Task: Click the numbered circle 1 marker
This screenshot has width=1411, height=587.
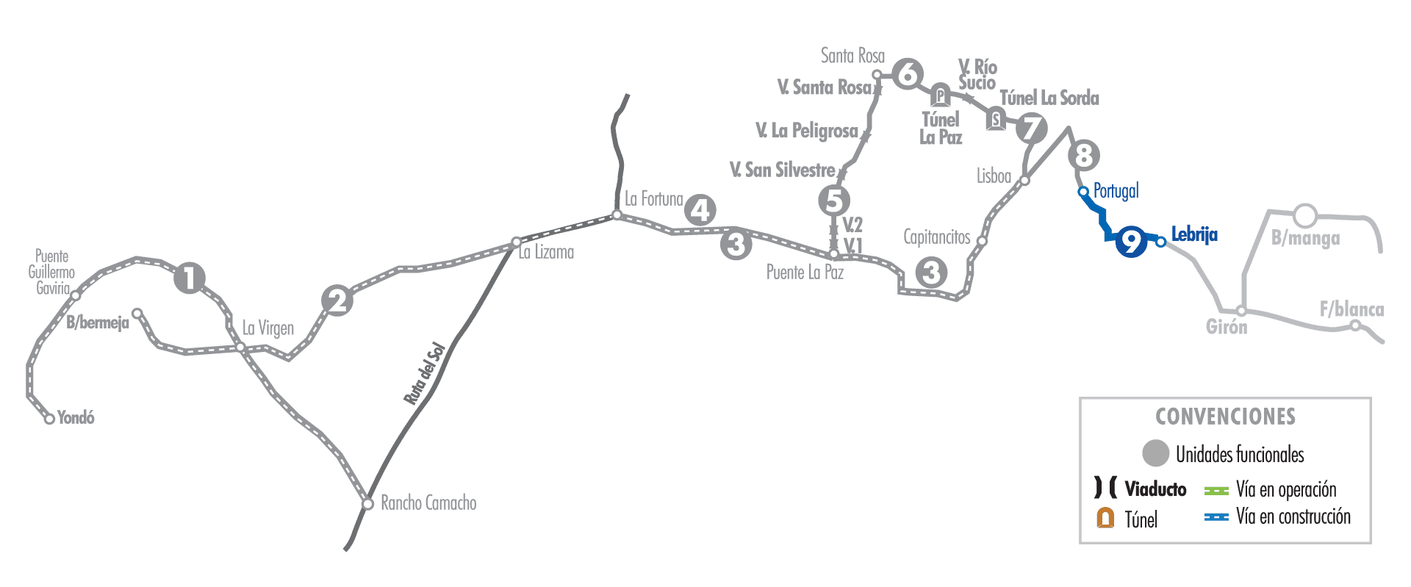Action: point(190,278)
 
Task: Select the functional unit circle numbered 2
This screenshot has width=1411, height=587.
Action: point(337,300)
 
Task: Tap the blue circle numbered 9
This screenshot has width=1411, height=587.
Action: point(1131,241)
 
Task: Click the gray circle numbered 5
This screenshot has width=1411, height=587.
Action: point(834,200)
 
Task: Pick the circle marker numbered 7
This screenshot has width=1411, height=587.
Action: point(1033,128)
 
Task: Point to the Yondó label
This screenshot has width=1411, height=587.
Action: point(76,417)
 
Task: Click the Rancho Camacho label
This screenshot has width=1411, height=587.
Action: point(428,503)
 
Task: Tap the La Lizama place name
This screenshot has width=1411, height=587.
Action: point(546,252)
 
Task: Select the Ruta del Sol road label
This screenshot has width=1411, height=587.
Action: point(425,373)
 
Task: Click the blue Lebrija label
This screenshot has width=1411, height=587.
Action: point(1194,234)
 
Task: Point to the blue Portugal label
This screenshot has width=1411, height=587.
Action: point(1116,191)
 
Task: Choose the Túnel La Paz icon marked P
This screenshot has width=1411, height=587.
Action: point(940,96)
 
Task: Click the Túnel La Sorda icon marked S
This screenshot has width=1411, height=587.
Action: point(996,118)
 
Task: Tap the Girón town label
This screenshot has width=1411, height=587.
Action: point(1227,327)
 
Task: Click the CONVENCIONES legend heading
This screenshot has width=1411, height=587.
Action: point(1226,417)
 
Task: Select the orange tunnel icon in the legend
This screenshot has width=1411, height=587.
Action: point(1105,518)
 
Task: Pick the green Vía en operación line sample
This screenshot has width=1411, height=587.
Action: point(1216,490)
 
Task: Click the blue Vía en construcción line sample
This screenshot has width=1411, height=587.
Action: point(1216,517)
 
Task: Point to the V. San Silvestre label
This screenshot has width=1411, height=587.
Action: point(783,170)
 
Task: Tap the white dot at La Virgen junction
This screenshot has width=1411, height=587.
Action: point(240,347)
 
